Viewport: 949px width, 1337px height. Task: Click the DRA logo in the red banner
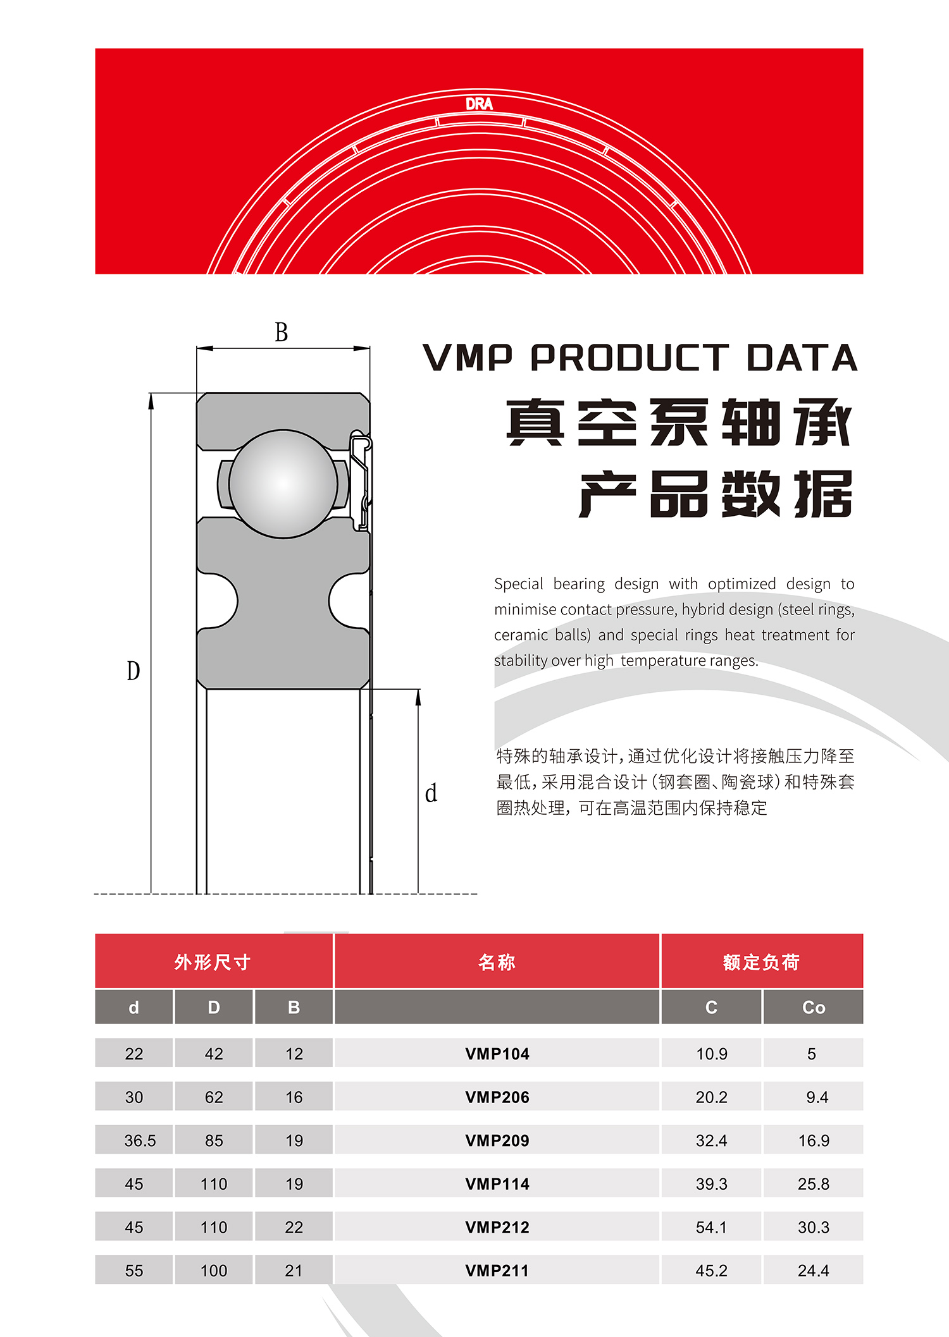coord(479,104)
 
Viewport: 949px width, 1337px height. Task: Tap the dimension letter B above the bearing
coord(282,332)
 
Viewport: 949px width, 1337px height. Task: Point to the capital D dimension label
coord(133,670)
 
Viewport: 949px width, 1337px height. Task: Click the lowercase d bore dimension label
coord(431,793)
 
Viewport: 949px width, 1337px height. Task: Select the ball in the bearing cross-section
coord(283,484)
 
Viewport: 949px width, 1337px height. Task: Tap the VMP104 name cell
coord(497,1054)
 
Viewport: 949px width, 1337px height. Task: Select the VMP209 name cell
coord(497,1140)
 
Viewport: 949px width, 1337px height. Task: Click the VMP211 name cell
coord(497,1271)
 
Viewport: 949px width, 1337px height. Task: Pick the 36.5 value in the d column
coord(140,1140)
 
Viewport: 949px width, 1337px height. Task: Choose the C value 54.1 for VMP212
coord(712,1228)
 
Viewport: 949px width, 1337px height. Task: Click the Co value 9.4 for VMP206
coord(817,1097)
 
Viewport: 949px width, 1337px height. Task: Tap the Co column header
coord(814,1007)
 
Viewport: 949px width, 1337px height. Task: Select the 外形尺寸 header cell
coord(214,962)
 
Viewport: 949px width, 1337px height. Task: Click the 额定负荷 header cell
coord(762,962)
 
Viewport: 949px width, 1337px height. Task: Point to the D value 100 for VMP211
coord(214,1271)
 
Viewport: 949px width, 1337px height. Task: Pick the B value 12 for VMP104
coord(294,1054)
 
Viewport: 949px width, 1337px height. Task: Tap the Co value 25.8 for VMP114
coord(814,1184)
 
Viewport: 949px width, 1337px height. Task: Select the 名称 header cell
coord(497,962)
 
